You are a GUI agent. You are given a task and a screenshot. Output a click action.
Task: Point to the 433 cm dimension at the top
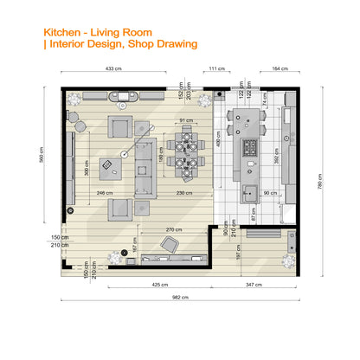(x=112, y=67)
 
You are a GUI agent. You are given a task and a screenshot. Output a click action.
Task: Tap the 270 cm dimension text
(x=172, y=229)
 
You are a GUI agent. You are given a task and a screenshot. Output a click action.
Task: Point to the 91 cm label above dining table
(x=186, y=120)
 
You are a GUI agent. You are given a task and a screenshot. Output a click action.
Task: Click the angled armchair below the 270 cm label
(x=173, y=248)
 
